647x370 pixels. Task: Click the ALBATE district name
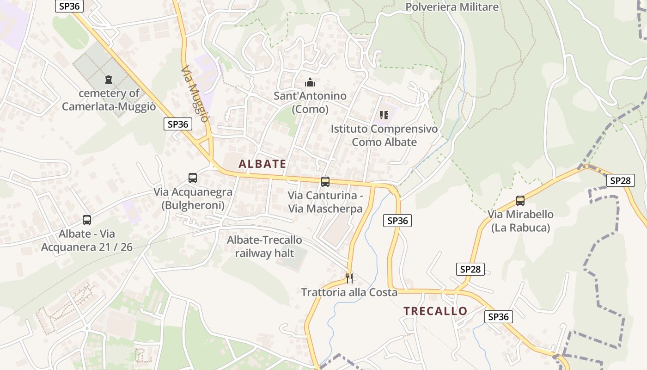click(262, 164)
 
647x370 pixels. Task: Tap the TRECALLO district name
click(435, 311)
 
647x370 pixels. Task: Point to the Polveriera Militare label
click(452, 7)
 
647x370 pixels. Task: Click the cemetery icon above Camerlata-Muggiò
click(109, 80)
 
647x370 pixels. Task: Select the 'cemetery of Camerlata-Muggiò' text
click(109, 100)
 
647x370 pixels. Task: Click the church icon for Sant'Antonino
click(310, 83)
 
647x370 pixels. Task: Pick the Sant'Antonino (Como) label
click(310, 103)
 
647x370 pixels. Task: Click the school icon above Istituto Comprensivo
click(384, 115)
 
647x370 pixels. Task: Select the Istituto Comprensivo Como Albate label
click(384, 135)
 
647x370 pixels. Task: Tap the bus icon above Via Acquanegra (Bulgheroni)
click(193, 178)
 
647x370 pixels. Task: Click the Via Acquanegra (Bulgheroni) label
click(193, 198)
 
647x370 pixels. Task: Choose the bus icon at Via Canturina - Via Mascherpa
click(325, 182)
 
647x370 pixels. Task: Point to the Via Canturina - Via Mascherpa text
click(325, 202)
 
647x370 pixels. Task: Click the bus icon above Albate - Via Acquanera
click(87, 220)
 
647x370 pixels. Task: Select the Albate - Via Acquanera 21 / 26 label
click(87, 240)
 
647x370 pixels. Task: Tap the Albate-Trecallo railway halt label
click(264, 247)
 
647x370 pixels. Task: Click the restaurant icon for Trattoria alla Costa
click(349, 278)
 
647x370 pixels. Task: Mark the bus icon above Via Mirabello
click(520, 201)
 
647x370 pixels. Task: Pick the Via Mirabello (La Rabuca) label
click(520, 221)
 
